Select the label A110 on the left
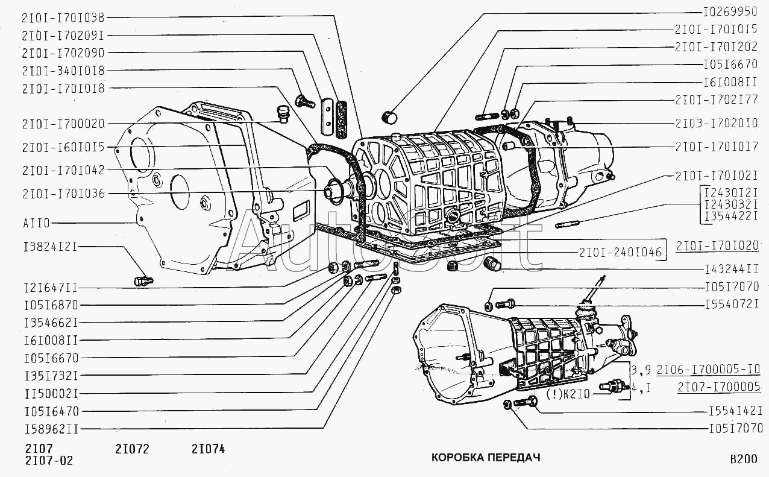(37, 223)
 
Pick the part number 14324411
(731, 269)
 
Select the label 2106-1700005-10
(712, 370)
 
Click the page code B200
(743, 460)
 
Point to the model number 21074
(208, 449)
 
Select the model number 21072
(131, 449)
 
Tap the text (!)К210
(569, 395)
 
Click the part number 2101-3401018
(62, 70)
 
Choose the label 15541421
(735, 411)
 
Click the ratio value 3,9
(641, 370)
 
